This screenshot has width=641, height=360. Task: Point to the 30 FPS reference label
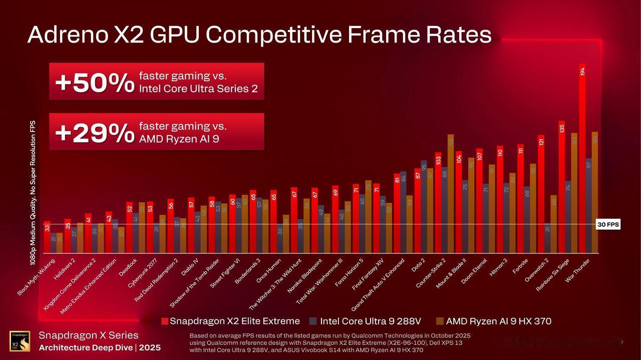pyautogui.click(x=608, y=225)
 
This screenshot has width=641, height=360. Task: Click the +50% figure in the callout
pyautogui.click(x=95, y=83)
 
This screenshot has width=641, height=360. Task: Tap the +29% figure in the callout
pyautogui.click(x=95, y=133)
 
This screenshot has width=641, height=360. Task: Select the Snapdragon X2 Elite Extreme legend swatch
pyautogui.click(x=165, y=321)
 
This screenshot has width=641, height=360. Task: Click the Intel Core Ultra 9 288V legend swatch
pyautogui.click(x=313, y=321)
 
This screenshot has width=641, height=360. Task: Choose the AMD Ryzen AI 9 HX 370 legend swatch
pyautogui.click(x=440, y=321)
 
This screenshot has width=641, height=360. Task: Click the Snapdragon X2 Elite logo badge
pyautogui.click(x=20, y=341)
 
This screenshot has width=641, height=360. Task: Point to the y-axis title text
pyautogui.click(x=33, y=193)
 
